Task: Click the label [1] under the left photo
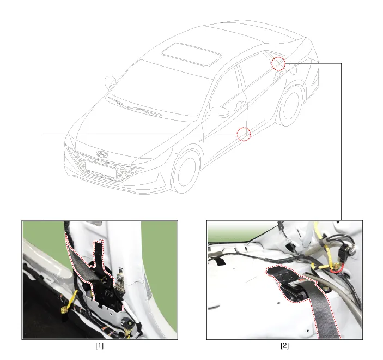click(99, 346)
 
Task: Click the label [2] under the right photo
click(284, 346)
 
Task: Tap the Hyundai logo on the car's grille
click(102, 154)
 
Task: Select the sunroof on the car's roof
click(192, 55)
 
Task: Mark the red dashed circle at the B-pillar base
click(244, 134)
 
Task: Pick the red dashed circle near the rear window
click(279, 63)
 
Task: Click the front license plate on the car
click(100, 169)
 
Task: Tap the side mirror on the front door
click(217, 112)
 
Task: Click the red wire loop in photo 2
click(337, 268)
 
